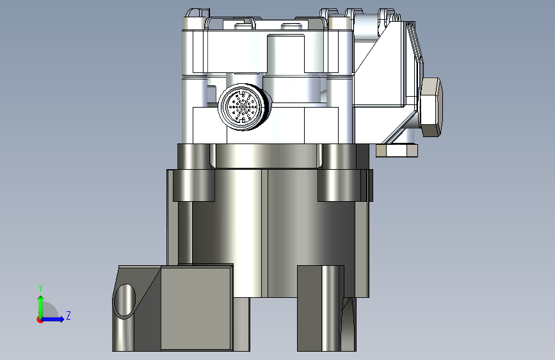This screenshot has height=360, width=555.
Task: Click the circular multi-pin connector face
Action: (242, 106)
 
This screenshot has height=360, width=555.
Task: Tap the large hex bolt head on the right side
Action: (431, 107)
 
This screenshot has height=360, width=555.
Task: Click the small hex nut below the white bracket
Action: (397, 151)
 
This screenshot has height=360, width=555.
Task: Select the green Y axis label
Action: (40, 288)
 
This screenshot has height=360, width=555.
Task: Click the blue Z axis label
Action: (68, 315)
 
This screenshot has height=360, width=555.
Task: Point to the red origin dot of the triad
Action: (40, 320)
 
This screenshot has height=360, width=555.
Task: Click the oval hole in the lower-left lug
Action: (125, 300)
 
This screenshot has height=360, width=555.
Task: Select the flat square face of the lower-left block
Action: (197, 308)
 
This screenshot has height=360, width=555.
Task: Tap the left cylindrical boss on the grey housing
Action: (193, 185)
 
